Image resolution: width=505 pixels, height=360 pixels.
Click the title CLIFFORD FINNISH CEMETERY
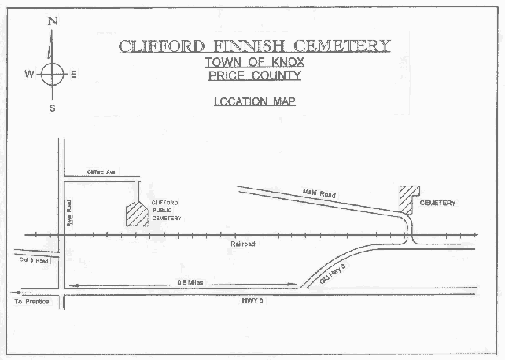[254, 46]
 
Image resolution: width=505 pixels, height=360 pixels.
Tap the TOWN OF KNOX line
[253, 63]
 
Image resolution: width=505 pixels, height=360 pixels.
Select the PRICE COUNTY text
[253, 76]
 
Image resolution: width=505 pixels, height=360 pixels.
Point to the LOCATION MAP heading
[254, 101]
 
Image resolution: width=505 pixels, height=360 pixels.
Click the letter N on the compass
[52, 21]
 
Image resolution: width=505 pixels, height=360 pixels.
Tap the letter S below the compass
[52, 108]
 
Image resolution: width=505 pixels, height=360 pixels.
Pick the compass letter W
[28, 75]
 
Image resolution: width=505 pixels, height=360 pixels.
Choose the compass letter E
[73, 75]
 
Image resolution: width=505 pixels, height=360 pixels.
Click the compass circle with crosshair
[52, 75]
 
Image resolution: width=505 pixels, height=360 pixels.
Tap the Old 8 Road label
[32, 260]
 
